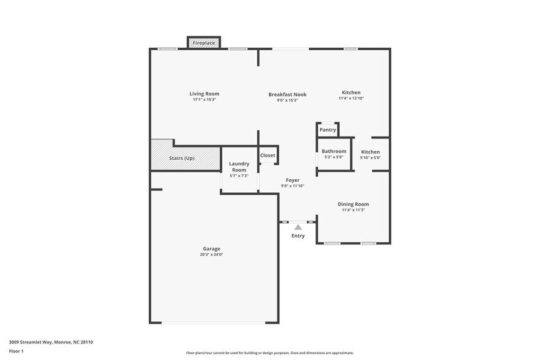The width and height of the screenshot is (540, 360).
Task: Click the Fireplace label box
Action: (204, 43)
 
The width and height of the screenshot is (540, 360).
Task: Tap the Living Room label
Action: (204, 94)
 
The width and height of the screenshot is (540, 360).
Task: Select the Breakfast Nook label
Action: (287, 94)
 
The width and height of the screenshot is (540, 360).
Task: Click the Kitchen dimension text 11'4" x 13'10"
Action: (351, 99)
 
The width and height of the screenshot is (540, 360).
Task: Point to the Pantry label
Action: (328, 130)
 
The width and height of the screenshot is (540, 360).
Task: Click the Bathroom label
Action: (334, 151)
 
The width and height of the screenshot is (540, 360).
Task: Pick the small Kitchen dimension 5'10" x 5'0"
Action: (370, 157)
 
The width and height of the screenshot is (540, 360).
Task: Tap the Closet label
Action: (268, 156)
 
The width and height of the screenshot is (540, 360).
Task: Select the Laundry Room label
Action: (239, 167)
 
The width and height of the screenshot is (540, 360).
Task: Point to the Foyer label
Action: (293, 181)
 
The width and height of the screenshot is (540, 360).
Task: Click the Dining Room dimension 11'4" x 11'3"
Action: (353, 210)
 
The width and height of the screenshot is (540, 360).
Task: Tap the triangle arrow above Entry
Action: (298, 227)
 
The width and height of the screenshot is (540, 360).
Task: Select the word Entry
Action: (298, 236)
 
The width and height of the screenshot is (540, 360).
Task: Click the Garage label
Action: (212, 249)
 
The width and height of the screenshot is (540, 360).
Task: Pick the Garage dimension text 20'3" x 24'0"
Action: (212, 254)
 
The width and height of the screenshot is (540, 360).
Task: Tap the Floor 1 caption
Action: (16, 351)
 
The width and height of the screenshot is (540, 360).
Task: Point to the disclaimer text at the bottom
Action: (269, 353)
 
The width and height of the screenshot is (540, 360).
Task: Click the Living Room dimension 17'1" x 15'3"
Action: (204, 99)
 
